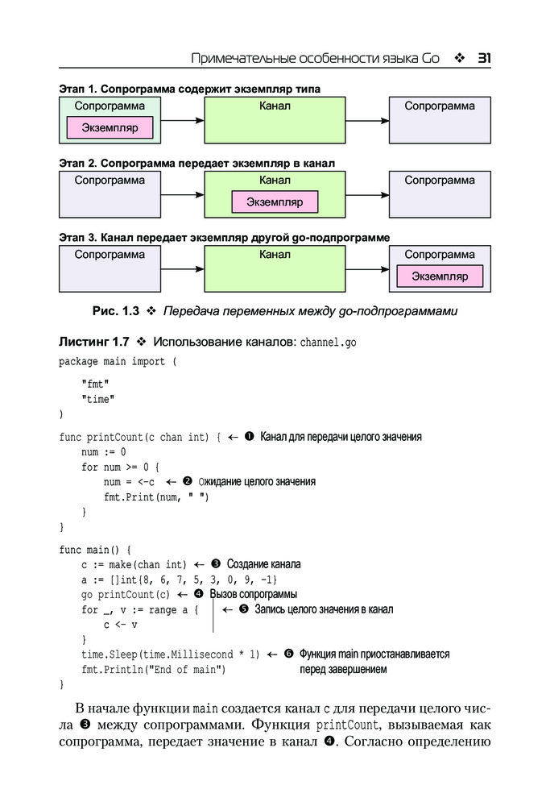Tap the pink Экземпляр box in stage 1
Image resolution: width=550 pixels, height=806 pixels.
point(110,127)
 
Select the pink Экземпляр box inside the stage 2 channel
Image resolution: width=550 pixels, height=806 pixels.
point(275,201)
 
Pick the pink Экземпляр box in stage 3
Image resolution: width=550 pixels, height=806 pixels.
point(440,276)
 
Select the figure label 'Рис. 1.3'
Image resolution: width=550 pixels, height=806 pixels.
point(116,310)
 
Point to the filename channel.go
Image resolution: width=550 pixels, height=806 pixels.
point(328,343)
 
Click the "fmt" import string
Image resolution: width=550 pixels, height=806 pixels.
point(94,384)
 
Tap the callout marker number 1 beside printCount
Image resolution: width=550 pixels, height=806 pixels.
point(249,437)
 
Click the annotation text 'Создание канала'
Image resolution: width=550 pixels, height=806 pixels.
point(263,564)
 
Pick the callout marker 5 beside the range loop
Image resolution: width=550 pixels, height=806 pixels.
point(244,609)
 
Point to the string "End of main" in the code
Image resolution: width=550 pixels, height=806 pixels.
point(187,669)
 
